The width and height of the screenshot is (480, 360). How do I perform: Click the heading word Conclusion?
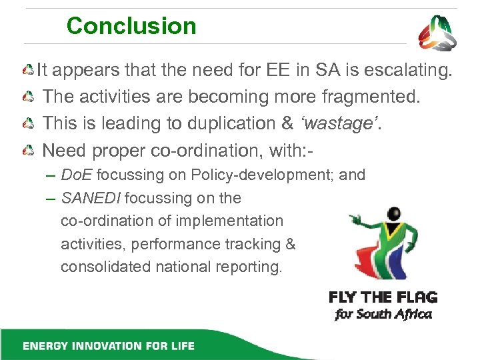tap(131, 27)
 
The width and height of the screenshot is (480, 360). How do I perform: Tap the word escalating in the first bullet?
tap(409, 70)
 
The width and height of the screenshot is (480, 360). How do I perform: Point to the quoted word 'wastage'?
tap(343, 124)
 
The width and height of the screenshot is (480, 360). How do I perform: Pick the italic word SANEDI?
tap(91, 198)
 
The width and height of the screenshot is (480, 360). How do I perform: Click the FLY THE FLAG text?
tap(383, 297)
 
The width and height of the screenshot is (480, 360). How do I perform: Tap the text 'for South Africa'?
tap(383, 315)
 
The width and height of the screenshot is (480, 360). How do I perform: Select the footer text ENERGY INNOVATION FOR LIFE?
tap(109, 346)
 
